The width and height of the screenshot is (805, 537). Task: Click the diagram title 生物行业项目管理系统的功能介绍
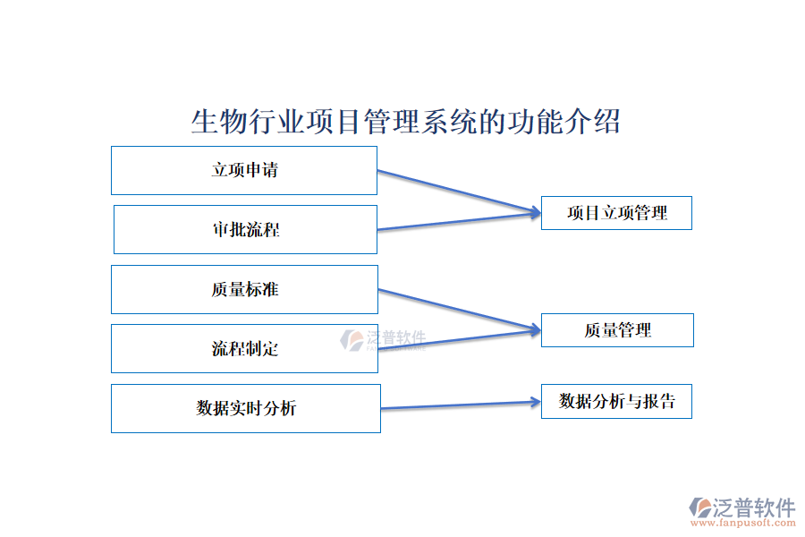405,122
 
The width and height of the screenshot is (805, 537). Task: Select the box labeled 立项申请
244,170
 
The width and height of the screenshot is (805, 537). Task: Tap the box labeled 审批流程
245,229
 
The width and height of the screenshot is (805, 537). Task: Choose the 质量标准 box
244,289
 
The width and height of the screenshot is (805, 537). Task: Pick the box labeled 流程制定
244,348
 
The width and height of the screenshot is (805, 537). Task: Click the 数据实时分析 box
246,408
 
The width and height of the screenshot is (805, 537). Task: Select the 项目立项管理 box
616,213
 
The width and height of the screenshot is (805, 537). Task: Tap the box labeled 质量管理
617,330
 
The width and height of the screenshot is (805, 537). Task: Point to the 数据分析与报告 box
616,401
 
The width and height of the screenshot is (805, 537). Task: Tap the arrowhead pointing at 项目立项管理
535,212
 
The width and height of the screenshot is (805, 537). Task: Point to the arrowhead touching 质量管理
535,330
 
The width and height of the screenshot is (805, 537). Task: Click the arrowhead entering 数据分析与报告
535,402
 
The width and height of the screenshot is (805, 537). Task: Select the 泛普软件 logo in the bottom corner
741,507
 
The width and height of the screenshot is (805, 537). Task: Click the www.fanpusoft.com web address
741,524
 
